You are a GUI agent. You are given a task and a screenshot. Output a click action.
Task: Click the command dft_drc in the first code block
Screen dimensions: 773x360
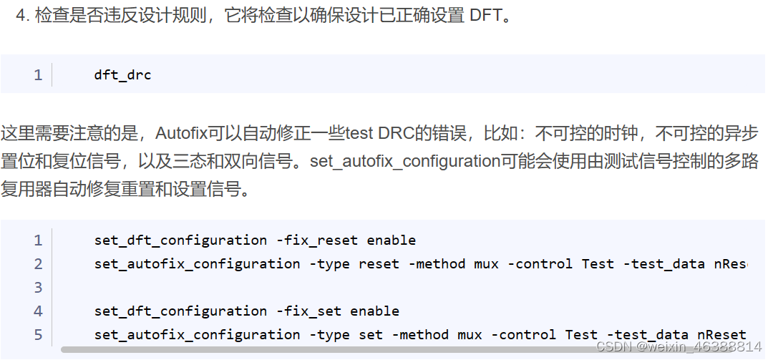(122, 74)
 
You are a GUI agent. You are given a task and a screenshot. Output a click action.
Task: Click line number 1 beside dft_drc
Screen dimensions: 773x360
(38, 74)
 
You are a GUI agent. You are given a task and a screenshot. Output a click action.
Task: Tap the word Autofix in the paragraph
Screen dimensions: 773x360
(180, 134)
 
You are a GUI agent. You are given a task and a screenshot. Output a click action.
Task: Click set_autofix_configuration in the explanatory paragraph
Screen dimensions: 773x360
(404, 162)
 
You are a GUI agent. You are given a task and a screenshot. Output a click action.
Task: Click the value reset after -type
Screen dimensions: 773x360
(379, 263)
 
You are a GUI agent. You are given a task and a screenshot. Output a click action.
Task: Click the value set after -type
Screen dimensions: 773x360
(370, 334)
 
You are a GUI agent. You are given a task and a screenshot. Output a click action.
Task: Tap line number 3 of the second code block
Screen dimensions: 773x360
(38, 287)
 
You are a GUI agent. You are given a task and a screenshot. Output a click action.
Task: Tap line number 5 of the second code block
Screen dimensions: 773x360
(38, 334)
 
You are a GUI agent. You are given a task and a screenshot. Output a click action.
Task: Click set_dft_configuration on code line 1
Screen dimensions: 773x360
(180, 240)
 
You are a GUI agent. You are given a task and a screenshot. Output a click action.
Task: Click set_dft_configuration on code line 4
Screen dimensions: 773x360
(180, 311)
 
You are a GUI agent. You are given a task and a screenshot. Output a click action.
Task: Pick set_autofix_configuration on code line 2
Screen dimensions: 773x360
(197, 263)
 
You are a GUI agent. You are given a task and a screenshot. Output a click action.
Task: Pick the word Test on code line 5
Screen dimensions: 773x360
(581, 334)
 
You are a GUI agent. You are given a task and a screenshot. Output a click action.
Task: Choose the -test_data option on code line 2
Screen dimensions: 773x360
(663, 263)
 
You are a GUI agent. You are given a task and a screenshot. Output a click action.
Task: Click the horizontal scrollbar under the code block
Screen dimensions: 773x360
(358, 350)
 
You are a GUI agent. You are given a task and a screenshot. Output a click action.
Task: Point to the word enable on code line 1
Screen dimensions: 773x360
(391, 240)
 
